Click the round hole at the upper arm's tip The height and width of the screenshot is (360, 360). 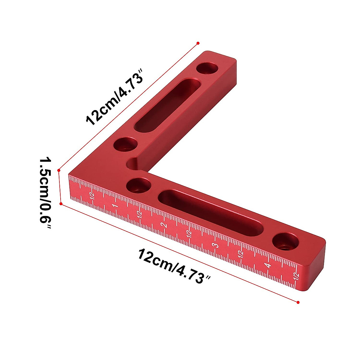click(x=207, y=68)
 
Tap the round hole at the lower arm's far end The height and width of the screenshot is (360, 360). click(x=286, y=242)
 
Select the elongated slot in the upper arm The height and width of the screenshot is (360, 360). click(x=167, y=106)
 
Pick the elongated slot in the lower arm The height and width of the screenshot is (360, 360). click(x=210, y=212)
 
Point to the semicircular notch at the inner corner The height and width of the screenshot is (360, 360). click(x=132, y=164)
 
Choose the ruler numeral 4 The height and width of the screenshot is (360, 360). click(x=268, y=265)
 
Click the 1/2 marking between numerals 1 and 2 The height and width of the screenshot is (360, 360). click(x=139, y=214)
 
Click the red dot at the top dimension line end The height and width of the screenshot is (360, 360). click(x=198, y=43)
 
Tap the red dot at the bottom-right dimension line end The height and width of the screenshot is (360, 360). click(x=298, y=302)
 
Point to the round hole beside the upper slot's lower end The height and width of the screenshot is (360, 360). click(x=124, y=145)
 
